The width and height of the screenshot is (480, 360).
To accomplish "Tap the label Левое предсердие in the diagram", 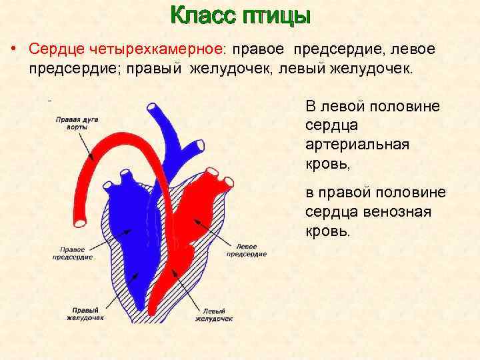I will (246, 249).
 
